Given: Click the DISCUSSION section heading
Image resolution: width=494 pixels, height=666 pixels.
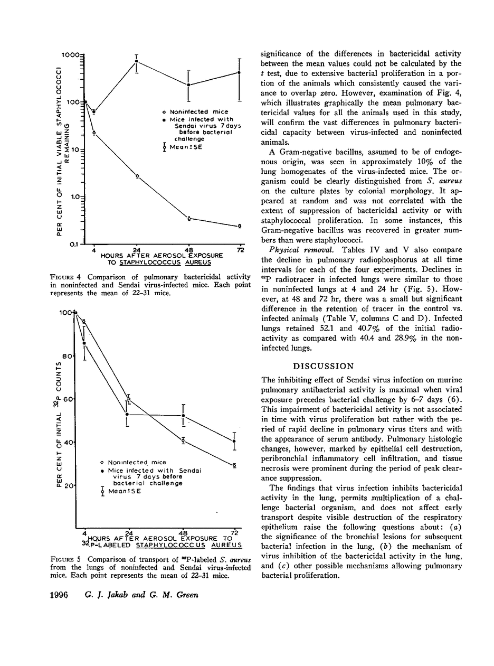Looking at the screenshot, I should click(x=324, y=366).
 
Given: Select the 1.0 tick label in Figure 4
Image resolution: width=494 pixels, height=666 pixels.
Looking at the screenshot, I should click(x=77, y=197).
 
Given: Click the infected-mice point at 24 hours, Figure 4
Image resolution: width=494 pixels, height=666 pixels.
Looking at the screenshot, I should click(x=137, y=61).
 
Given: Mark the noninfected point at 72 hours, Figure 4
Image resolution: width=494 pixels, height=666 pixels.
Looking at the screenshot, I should click(x=240, y=226).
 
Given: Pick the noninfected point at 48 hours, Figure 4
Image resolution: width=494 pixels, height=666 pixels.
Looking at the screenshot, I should click(x=189, y=218).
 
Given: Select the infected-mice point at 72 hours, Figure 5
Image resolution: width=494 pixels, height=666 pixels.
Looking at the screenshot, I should click(x=234, y=440).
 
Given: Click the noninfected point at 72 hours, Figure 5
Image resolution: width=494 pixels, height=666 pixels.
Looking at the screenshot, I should click(x=234, y=465).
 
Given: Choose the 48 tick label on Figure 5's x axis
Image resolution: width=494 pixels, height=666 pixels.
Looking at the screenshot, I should click(x=183, y=532).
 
